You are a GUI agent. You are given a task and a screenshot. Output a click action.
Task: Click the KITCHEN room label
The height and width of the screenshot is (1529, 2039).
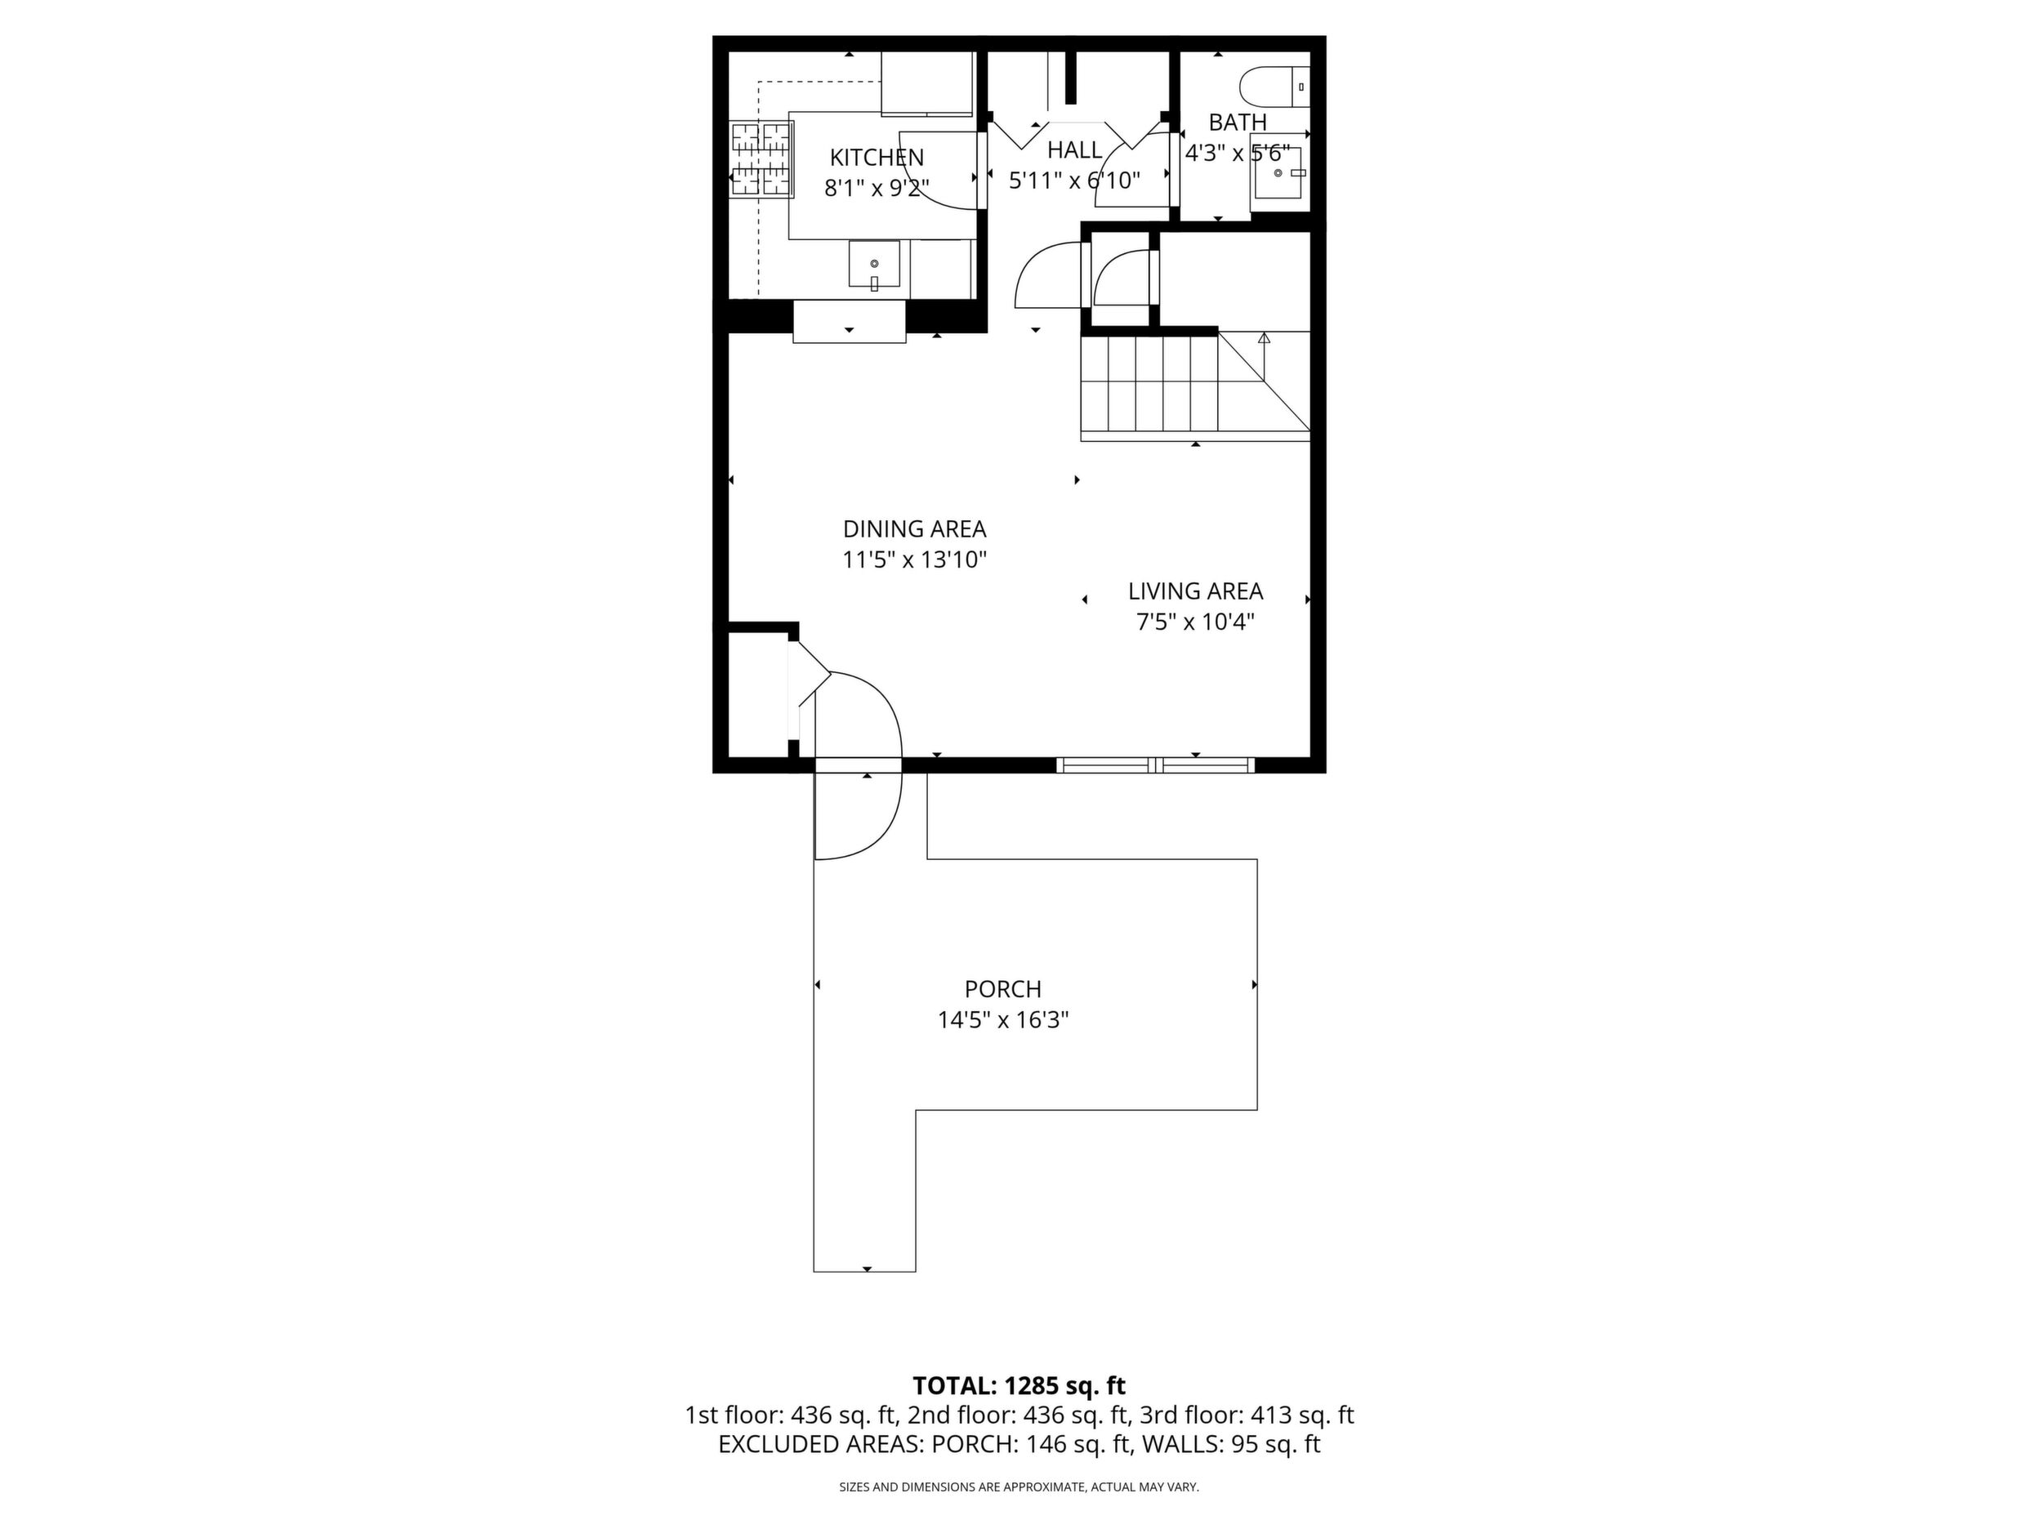click(877, 158)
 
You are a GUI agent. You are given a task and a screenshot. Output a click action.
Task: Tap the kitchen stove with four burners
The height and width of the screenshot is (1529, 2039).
click(762, 159)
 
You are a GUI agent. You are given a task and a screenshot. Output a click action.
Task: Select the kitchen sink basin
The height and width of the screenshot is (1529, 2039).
click(874, 265)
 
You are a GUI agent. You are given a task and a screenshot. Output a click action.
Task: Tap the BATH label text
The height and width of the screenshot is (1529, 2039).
click(1237, 122)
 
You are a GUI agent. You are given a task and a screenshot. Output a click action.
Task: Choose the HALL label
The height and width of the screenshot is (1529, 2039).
click(1075, 149)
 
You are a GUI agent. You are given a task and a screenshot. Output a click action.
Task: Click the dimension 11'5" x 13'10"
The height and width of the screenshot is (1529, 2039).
click(914, 559)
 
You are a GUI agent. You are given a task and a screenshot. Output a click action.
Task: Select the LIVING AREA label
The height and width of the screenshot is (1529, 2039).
click(1196, 591)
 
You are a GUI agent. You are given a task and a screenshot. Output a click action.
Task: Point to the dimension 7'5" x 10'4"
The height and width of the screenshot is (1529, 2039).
click(1196, 622)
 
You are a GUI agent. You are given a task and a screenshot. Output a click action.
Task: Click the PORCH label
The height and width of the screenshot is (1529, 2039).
click(1003, 989)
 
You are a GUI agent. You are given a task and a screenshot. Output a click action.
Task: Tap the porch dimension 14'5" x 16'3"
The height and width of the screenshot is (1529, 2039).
click(1003, 1020)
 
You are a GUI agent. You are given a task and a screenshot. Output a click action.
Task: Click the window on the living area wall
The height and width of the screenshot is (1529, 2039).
click(1156, 764)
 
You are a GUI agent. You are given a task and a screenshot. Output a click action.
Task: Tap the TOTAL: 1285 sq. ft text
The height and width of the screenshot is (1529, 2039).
click(1019, 1386)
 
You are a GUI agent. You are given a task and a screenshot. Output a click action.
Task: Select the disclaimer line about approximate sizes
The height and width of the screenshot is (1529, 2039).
click(1019, 1487)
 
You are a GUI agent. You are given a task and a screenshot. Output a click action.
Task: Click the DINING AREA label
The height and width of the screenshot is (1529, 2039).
click(914, 529)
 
